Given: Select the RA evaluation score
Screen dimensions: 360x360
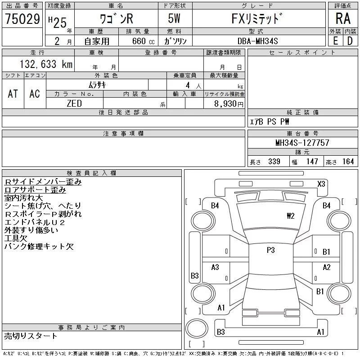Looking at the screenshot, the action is (x=343, y=18).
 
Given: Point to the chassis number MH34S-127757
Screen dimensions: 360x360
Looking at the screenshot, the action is (x=302, y=143).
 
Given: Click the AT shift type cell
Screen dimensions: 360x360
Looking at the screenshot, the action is (x=13, y=94).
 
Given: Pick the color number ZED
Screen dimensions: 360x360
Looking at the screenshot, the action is (x=74, y=103).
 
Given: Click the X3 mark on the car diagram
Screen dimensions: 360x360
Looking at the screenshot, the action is (x=321, y=184).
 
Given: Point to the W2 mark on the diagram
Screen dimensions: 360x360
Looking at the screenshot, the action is (x=290, y=216).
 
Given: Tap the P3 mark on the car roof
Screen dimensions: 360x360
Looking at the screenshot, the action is (x=270, y=251).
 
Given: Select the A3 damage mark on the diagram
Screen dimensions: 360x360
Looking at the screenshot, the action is (x=215, y=267).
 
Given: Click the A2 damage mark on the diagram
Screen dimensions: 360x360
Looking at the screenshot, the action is (x=327, y=267).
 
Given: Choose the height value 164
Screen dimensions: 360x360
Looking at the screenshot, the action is (x=348, y=162).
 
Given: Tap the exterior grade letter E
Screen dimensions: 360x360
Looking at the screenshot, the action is (x=335, y=41).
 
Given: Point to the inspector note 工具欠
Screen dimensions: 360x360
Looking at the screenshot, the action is (x=16, y=238).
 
